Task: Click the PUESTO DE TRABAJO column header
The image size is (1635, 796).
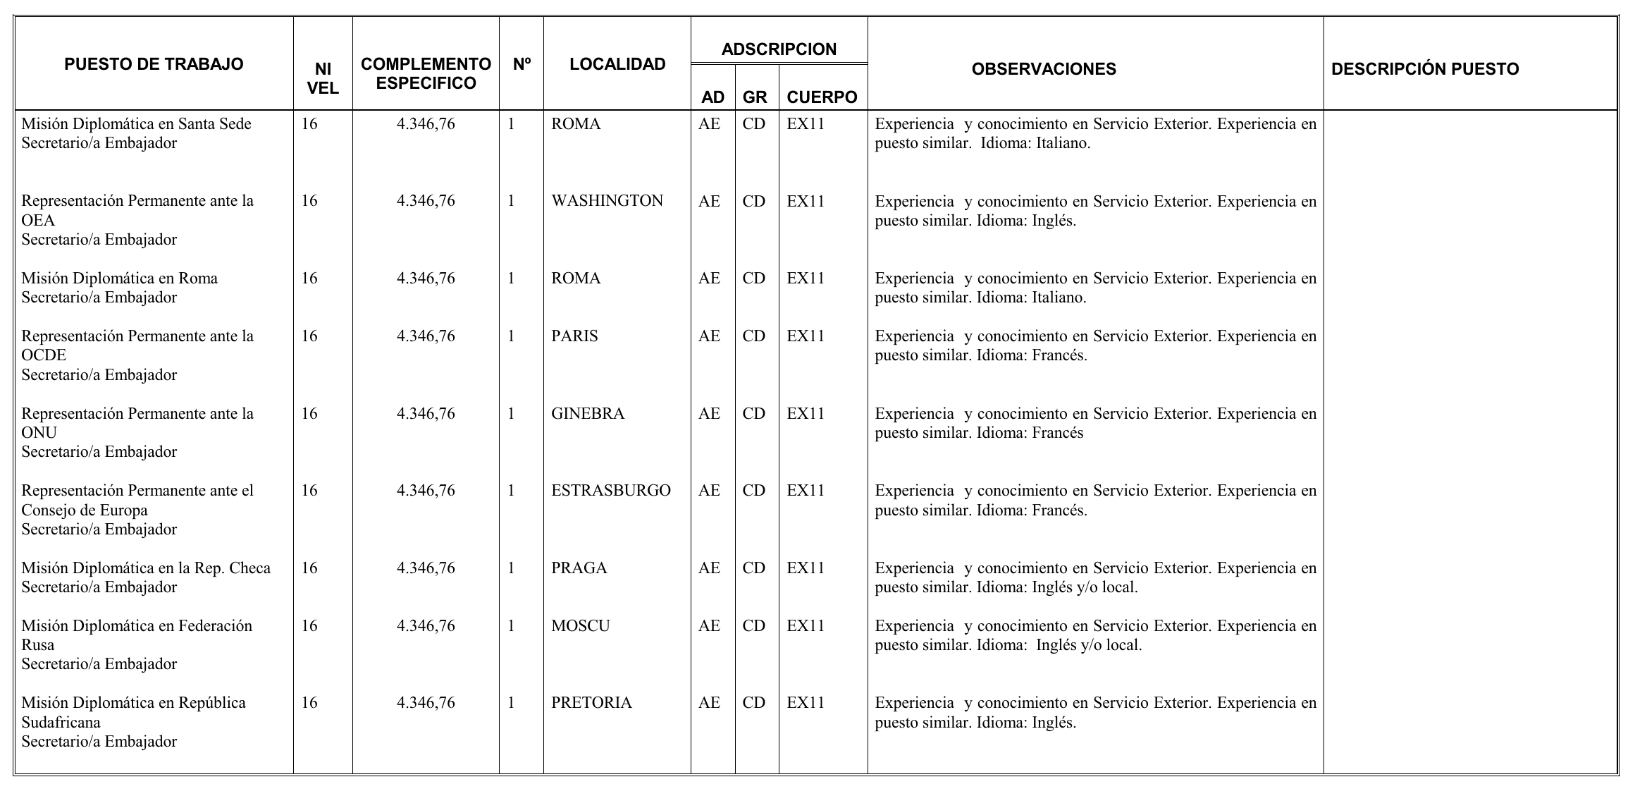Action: tap(154, 64)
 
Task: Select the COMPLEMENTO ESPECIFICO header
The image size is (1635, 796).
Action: tap(426, 73)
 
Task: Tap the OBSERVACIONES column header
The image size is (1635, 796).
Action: tap(1044, 69)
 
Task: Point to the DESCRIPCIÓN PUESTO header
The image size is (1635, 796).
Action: tap(1425, 69)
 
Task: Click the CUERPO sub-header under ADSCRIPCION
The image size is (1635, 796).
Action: tap(822, 97)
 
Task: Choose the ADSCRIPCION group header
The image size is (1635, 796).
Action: tap(779, 49)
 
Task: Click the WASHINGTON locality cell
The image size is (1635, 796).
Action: tap(607, 201)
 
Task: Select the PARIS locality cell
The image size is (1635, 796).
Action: tap(574, 336)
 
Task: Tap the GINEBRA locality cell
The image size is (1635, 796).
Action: tap(588, 414)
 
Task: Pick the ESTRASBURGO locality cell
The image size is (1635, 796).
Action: tap(611, 491)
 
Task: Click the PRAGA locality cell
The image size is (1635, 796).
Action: tap(579, 568)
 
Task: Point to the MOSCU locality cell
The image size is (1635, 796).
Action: tap(580, 626)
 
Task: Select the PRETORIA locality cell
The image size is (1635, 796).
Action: tap(591, 703)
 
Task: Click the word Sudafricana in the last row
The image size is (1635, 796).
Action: tap(61, 723)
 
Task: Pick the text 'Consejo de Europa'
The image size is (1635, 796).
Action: tap(85, 510)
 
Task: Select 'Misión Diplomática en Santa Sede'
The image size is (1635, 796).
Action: tap(136, 124)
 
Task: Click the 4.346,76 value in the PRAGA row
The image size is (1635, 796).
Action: tap(426, 568)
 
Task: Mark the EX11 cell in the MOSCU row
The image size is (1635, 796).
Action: tap(806, 626)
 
